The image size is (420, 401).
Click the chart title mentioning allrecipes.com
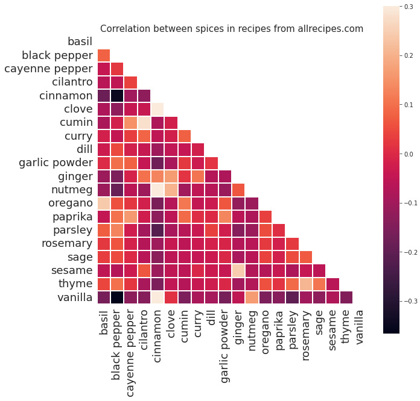[232, 28]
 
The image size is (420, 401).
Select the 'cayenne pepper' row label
[48, 69]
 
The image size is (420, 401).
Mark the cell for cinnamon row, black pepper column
[116, 95]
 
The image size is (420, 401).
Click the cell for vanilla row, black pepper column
[116, 297]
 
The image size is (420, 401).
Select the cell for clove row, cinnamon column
[157, 109]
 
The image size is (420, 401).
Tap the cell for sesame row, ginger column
[238, 270]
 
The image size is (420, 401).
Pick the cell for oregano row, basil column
[103, 203]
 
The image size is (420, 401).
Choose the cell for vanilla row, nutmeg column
[252, 297]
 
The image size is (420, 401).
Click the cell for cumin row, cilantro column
[144, 122]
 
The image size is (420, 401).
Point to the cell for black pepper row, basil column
[103, 55]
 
